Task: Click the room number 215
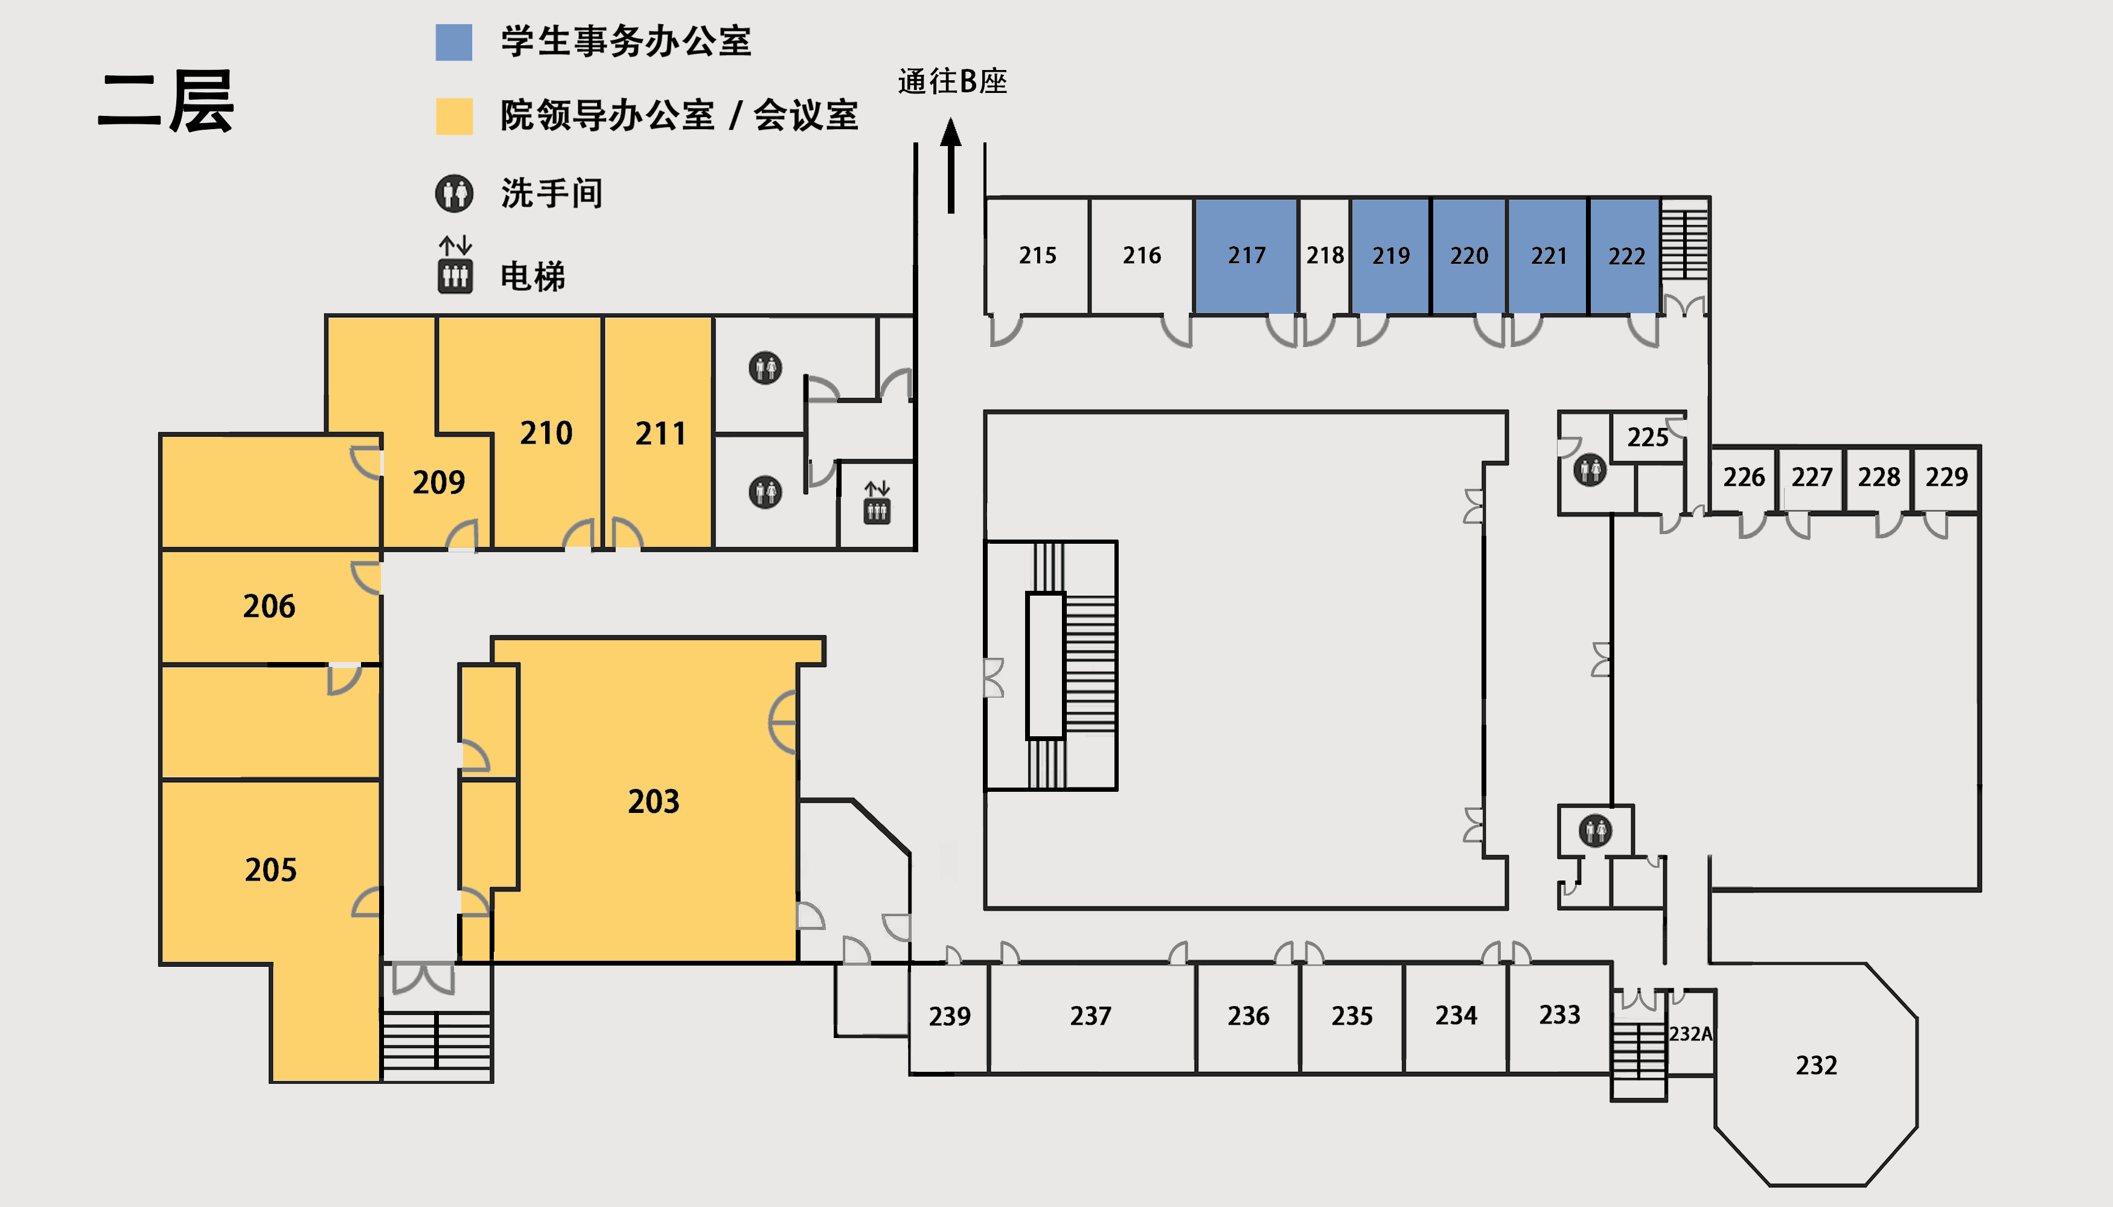1037,255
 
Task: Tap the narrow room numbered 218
1325,256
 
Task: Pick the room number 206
269,606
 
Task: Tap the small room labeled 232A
1690,1034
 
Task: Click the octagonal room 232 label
1816,1065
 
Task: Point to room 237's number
1090,1016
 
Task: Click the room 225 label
1647,437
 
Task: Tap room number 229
1946,477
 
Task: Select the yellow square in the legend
455,116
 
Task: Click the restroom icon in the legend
455,194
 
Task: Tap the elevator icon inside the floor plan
877,502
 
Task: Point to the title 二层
166,102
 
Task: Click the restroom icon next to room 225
1590,470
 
